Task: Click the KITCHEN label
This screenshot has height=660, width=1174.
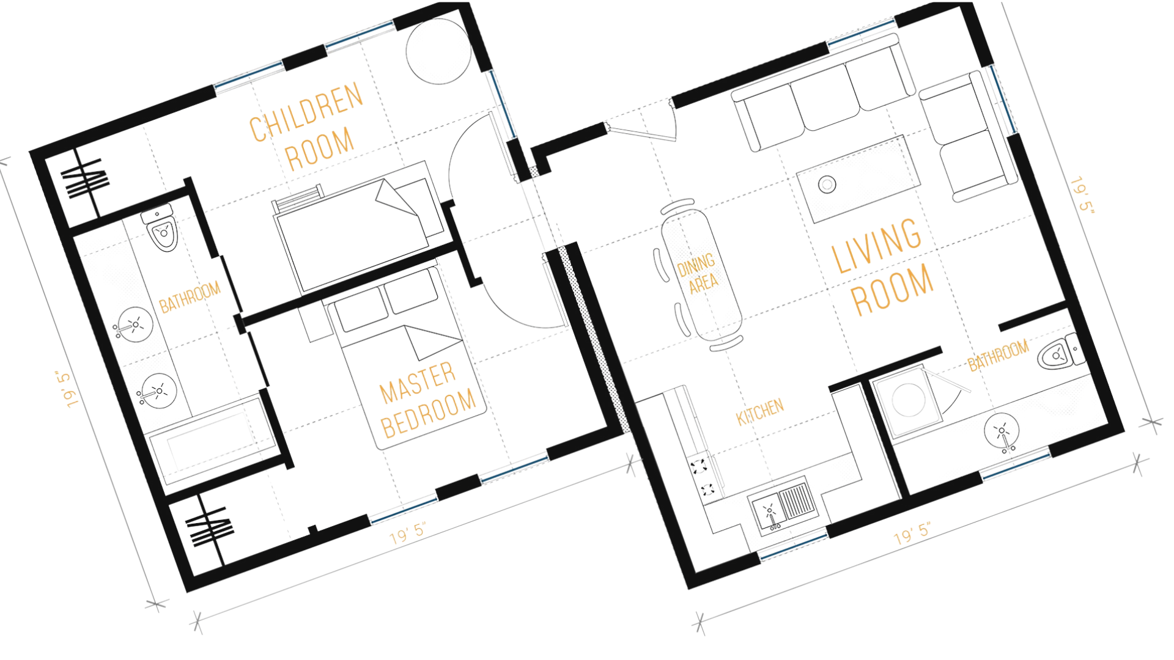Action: tap(759, 412)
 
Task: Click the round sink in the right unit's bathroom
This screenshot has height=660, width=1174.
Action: tap(1001, 431)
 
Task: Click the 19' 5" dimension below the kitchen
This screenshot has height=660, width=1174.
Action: tap(912, 533)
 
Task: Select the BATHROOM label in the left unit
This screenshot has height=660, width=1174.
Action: tap(190, 297)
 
